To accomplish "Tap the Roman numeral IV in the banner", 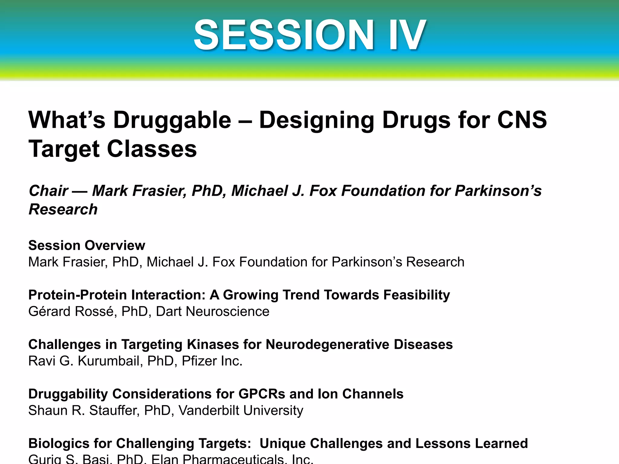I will tap(407, 35).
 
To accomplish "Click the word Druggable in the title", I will tap(172, 120).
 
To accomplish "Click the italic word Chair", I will tap(48, 191).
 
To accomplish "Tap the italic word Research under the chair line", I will tap(63, 209).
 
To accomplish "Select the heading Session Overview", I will tap(87, 245).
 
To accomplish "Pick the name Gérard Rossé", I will tap(71, 311).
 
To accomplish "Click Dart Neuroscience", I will tap(212, 311).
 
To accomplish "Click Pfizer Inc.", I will tap(212, 361).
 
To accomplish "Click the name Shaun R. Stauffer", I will tap(84, 411).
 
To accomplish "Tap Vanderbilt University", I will tap(241, 411).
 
